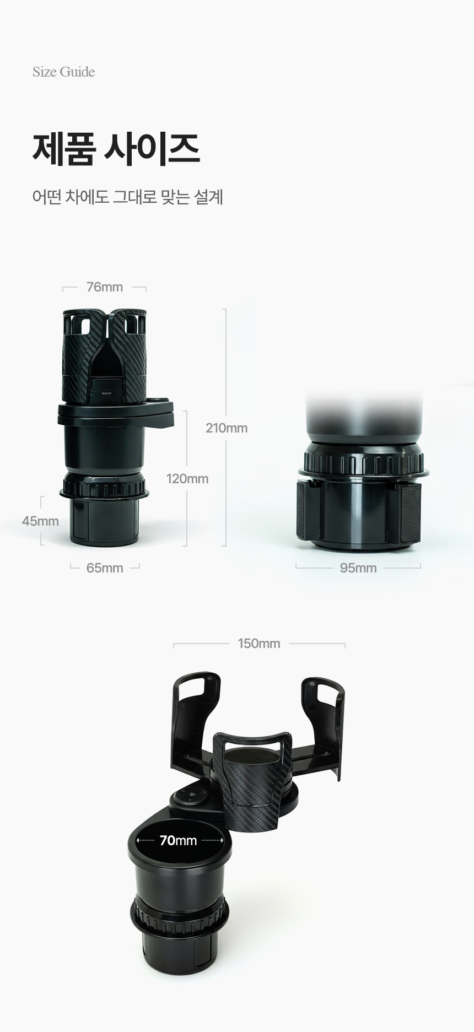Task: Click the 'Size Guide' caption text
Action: coord(63,72)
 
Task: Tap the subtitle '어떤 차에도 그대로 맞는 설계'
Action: coord(127,197)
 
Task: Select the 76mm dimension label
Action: coord(105,287)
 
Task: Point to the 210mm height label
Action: coord(227,428)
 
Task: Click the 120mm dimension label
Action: coord(187,479)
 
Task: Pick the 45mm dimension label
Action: coord(40,521)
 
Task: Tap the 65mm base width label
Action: coord(105,568)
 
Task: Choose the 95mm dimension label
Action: coord(358,568)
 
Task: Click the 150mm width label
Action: coord(259,644)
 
